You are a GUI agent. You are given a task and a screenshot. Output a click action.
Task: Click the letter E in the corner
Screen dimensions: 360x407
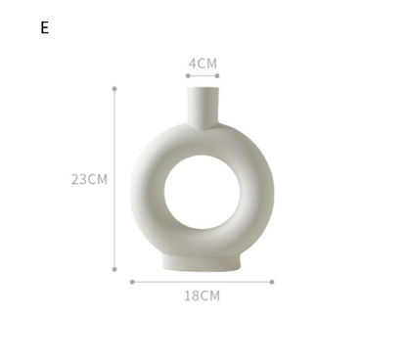pos(44,27)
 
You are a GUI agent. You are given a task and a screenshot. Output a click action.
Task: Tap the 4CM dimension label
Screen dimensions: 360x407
pos(203,64)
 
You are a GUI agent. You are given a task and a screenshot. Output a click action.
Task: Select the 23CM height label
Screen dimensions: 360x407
pos(89,179)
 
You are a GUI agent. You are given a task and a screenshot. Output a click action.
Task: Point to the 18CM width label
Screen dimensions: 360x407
pos(203,295)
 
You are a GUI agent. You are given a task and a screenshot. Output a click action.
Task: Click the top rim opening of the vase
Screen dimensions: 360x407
pos(203,87)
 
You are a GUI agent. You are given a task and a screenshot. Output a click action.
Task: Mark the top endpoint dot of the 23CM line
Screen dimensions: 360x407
pos(114,88)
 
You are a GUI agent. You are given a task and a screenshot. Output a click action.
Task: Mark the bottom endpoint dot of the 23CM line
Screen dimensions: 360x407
pos(114,269)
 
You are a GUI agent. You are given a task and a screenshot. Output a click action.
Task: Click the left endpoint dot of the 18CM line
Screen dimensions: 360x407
pos(132,282)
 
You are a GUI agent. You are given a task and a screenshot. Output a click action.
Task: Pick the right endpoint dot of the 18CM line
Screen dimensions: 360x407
pos(272,282)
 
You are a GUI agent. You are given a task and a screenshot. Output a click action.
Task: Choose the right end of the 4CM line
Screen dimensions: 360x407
pos(217,75)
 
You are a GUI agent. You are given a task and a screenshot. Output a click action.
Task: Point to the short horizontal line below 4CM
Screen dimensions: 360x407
pos(203,75)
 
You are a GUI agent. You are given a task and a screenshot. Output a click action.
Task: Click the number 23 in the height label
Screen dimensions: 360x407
pos(79,179)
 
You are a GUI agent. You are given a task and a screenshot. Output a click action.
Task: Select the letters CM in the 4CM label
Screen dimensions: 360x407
pos(207,64)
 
